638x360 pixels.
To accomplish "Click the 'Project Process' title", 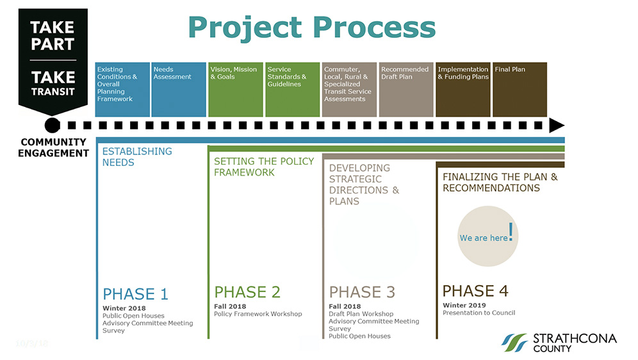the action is point(312,28).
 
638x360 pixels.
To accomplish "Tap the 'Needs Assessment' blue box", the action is point(179,90).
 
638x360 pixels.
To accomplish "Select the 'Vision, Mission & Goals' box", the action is point(236,90).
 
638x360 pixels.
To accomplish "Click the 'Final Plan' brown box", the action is point(519,90).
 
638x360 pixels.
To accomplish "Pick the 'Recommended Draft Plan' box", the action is point(406,90).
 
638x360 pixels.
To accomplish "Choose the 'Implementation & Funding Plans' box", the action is point(463,90).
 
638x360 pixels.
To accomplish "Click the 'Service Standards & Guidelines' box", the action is point(293,90).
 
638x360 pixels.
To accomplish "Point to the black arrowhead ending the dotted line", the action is point(557,126).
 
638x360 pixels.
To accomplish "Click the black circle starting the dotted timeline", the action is point(52,126).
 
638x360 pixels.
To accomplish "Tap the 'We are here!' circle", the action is point(488,236).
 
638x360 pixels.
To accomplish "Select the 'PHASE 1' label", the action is point(136,293).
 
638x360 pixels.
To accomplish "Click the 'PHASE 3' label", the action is point(362,292).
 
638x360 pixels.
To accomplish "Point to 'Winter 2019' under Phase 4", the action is point(464,305).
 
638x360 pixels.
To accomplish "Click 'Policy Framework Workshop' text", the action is point(258,314).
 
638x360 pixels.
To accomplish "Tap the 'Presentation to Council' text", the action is point(479,313).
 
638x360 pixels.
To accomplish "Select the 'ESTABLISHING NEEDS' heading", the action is point(137,157).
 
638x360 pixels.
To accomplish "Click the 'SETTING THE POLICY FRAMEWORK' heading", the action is point(264,167).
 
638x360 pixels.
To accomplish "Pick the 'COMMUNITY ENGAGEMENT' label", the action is point(53,148).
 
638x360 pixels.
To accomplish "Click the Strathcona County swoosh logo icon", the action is point(515,343).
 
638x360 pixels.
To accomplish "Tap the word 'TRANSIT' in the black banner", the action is point(53,92).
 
